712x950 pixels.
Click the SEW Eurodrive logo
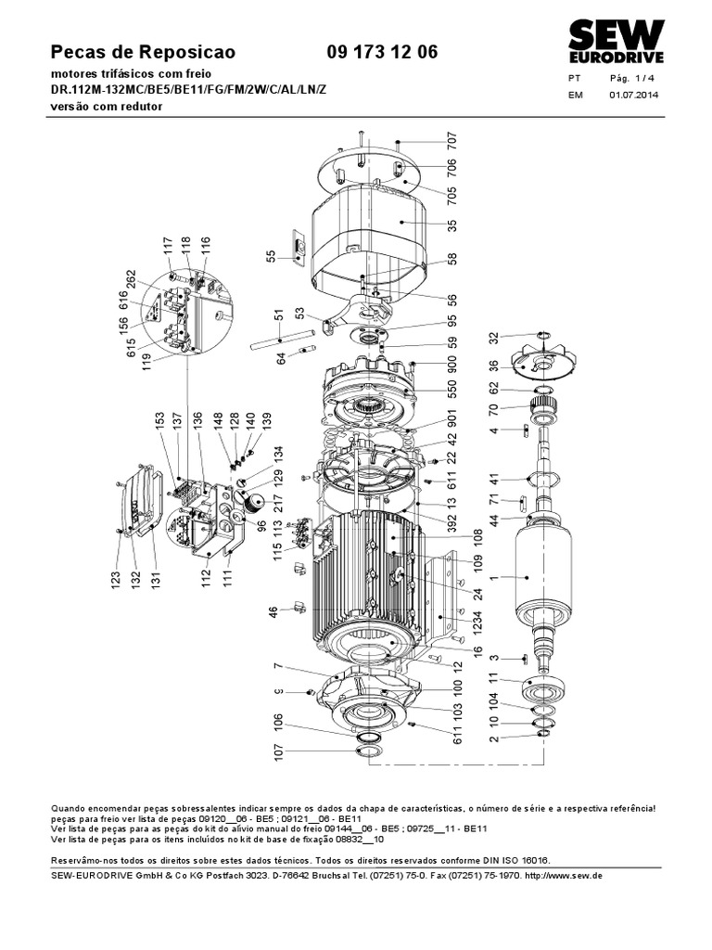[x=616, y=41]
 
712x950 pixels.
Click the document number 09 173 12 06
[x=382, y=52]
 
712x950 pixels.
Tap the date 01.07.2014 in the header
[x=633, y=95]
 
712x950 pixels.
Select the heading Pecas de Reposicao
[x=143, y=52]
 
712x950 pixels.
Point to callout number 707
[x=452, y=141]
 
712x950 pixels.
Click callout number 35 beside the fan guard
[x=452, y=225]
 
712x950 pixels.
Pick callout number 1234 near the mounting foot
[x=477, y=623]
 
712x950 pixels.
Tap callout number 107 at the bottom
[x=278, y=751]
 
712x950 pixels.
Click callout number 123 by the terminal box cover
[x=116, y=579]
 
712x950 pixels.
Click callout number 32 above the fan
[x=494, y=338]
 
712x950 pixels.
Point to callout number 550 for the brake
[x=452, y=388]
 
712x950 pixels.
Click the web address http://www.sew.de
[x=563, y=876]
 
